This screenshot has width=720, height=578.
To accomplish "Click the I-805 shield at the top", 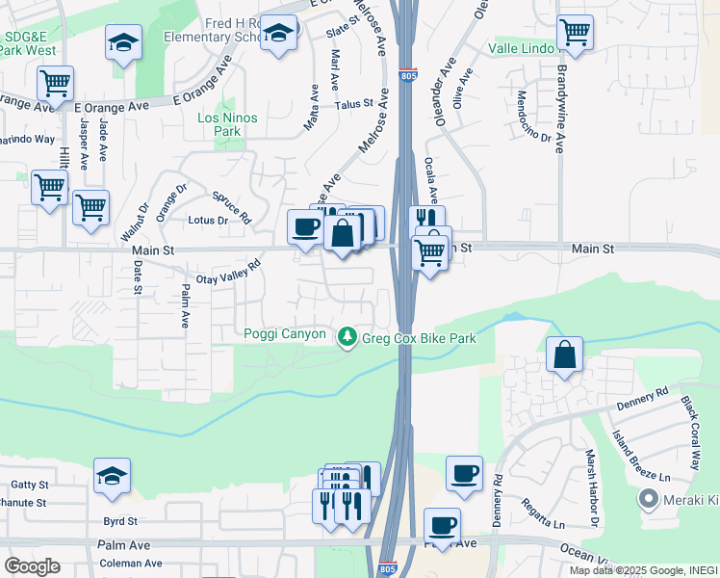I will pyautogui.click(x=408, y=74).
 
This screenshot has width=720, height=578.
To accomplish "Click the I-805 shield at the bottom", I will pyautogui.click(x=387, y=568).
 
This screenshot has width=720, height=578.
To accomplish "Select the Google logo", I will pyautogui.click(x=32, y=566).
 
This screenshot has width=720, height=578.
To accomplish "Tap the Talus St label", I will pyautogui.click(x=353, y=104).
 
